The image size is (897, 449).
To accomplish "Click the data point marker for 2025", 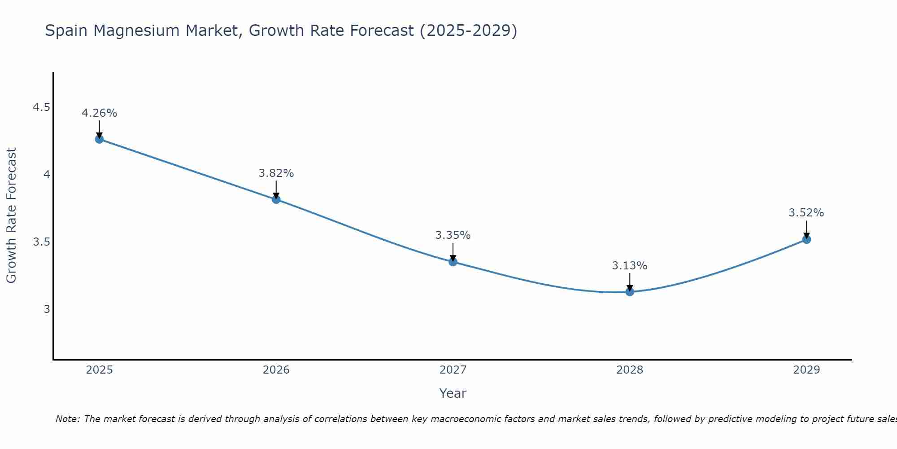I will tap(99, 139).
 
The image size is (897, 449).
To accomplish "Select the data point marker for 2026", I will tap(276, 199).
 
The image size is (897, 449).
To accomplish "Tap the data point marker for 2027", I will tap(453, 262).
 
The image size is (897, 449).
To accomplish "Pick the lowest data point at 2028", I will tap(630, 292).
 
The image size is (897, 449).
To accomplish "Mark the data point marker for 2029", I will tap(806, 239).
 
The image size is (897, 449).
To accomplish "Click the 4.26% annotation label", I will tap(99, 113).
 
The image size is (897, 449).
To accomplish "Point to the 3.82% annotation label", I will tap(276, 173).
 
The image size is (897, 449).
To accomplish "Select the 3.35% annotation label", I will tap(453, 235).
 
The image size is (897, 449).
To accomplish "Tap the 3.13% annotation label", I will tap(630, 266).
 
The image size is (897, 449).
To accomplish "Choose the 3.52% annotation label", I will tap(806, 213).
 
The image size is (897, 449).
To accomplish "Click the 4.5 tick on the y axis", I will tap(41, 107).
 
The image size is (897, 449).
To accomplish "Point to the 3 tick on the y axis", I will tap(47, 309).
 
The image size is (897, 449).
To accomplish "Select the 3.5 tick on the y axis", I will tap(41, 242).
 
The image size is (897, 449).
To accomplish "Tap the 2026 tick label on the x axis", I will tap(276, 370).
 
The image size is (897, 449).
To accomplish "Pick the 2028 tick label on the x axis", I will tap(630, 370).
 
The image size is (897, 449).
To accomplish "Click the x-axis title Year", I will tap(453, 393).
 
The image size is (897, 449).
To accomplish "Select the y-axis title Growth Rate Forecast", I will tap(11, 216).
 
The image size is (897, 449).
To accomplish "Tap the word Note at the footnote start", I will tap(67, 419).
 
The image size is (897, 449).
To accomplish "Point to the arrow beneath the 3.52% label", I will tap(806, 229).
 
